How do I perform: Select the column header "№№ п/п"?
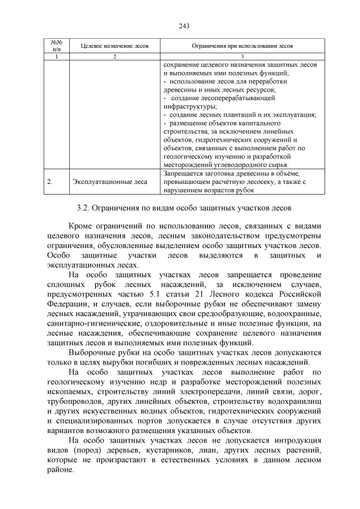(56, 45)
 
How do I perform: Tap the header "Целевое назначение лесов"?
(114, 45)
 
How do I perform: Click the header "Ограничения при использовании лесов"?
(242, 45)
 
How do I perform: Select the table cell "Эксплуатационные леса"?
(110, 182)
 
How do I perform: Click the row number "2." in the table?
(50, 182)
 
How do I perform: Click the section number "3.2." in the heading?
(86, 208)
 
